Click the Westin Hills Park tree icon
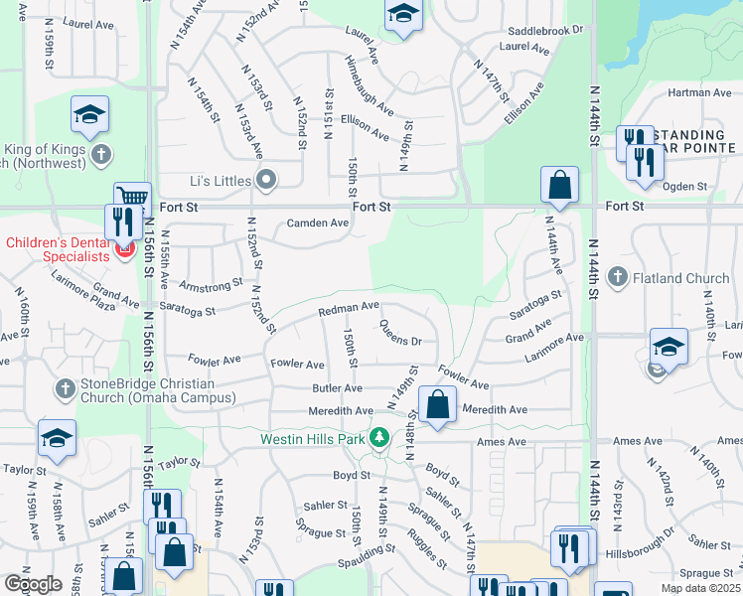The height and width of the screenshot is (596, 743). [378, 438]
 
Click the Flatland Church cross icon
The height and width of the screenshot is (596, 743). [616, 278]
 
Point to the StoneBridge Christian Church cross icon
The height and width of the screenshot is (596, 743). [65, 387]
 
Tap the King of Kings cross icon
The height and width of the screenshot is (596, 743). [100, 155]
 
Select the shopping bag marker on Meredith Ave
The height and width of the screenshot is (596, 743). [437, 405]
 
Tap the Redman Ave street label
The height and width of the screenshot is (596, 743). [349, 310]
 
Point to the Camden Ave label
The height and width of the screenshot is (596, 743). [318, 223]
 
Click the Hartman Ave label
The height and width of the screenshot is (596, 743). [700, 92]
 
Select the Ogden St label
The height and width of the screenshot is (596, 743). [683, 186]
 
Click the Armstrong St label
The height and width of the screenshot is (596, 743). [211, 286]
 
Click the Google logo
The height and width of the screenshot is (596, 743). [33, 584]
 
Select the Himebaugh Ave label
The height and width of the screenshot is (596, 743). [370, 97]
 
